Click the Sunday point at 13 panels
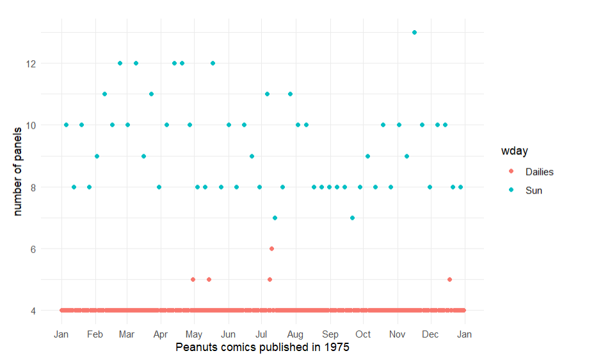(414, 32)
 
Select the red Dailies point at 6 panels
(271, 249)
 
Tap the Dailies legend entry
(539, 172)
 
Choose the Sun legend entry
(533, 190)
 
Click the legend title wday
(514, 151)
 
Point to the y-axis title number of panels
(18, 171)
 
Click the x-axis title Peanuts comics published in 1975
(262, 347)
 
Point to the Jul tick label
(261, 334)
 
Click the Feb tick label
(95, 334)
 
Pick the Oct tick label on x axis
(363, 334)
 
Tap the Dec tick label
(430, 334)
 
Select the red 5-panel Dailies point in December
(449, 279)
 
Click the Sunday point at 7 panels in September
(352, 218)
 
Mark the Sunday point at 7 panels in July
(275, 218)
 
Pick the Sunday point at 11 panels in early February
(104, 94)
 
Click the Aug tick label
(295, 334)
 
